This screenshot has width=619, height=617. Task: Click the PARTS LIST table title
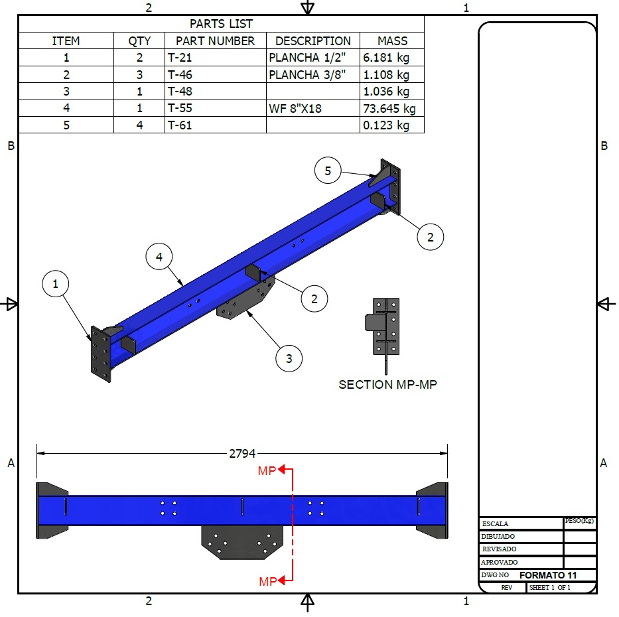(221, 24)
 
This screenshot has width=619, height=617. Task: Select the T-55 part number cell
(215, 108)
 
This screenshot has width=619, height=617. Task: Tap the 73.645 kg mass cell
(391, 108)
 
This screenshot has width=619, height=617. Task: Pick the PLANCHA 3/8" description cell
(312, 74)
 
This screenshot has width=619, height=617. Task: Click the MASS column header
(391, 40)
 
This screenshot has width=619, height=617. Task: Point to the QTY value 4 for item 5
(139, 125)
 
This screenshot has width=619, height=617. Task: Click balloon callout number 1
(56, 284)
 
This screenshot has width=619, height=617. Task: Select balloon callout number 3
(289, 359)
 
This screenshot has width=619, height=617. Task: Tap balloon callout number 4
(159, 257)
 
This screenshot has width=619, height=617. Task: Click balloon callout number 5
(328, 171)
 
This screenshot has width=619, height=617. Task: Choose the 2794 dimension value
(242, 454)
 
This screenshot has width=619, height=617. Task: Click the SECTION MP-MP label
(387, 384)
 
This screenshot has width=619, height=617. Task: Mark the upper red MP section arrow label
(267, 470)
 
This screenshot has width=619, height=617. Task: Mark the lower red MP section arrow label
(267, 581)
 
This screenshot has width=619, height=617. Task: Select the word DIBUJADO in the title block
(499, 536)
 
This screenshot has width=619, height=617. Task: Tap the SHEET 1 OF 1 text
(549, 588)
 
